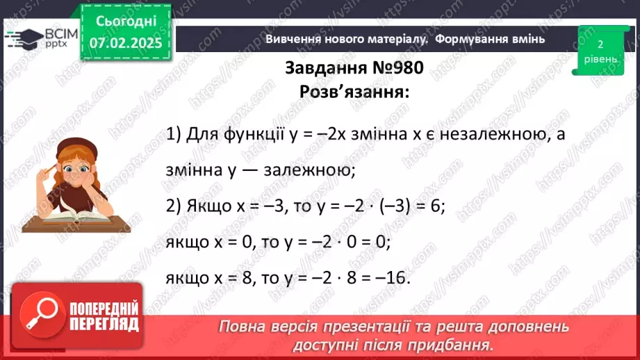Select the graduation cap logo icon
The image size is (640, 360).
(x=22, y=38)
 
